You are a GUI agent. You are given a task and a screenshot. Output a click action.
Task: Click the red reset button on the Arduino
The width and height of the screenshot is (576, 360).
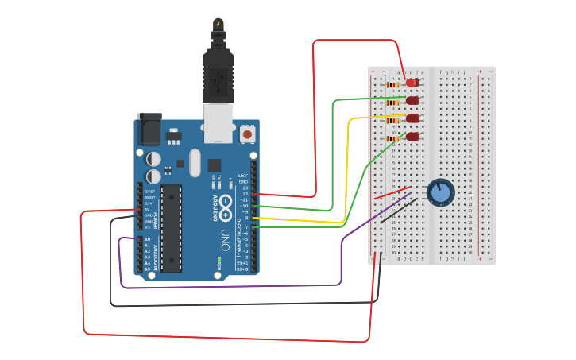pyautogui.click(x=248, y=135)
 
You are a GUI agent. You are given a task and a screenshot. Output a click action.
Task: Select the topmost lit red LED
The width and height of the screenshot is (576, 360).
pyautogui.click(x=412, y=83)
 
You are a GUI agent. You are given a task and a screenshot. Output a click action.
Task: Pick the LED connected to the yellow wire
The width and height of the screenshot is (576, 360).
pyautogui.click(x=412, y=118)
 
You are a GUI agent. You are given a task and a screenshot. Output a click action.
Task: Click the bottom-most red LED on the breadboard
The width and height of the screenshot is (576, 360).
pyautogui.click(x=412, y=137)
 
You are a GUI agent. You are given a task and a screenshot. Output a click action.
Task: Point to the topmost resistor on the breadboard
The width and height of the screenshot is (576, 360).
pyautogui.click(x=392, y=83)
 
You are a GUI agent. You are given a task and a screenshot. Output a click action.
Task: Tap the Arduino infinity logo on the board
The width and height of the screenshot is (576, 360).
pyautogui.click(x=225, y=202)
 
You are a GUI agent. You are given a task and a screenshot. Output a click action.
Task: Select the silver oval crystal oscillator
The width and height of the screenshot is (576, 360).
pyautogui.click(x=195, y=164)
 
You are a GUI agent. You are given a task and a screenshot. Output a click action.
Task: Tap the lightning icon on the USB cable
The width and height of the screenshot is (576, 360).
pyautogui.click(x=218, y=25)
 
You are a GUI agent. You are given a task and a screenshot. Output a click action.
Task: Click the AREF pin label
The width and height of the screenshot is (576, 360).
pyautogui.click(x=243, y=175)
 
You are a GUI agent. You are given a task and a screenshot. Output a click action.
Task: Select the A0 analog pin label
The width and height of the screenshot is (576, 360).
pyautogui.click(x=148, y=239)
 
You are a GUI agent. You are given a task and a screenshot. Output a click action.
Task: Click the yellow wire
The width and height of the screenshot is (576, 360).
pyautogui.click(x=348, y=167)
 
